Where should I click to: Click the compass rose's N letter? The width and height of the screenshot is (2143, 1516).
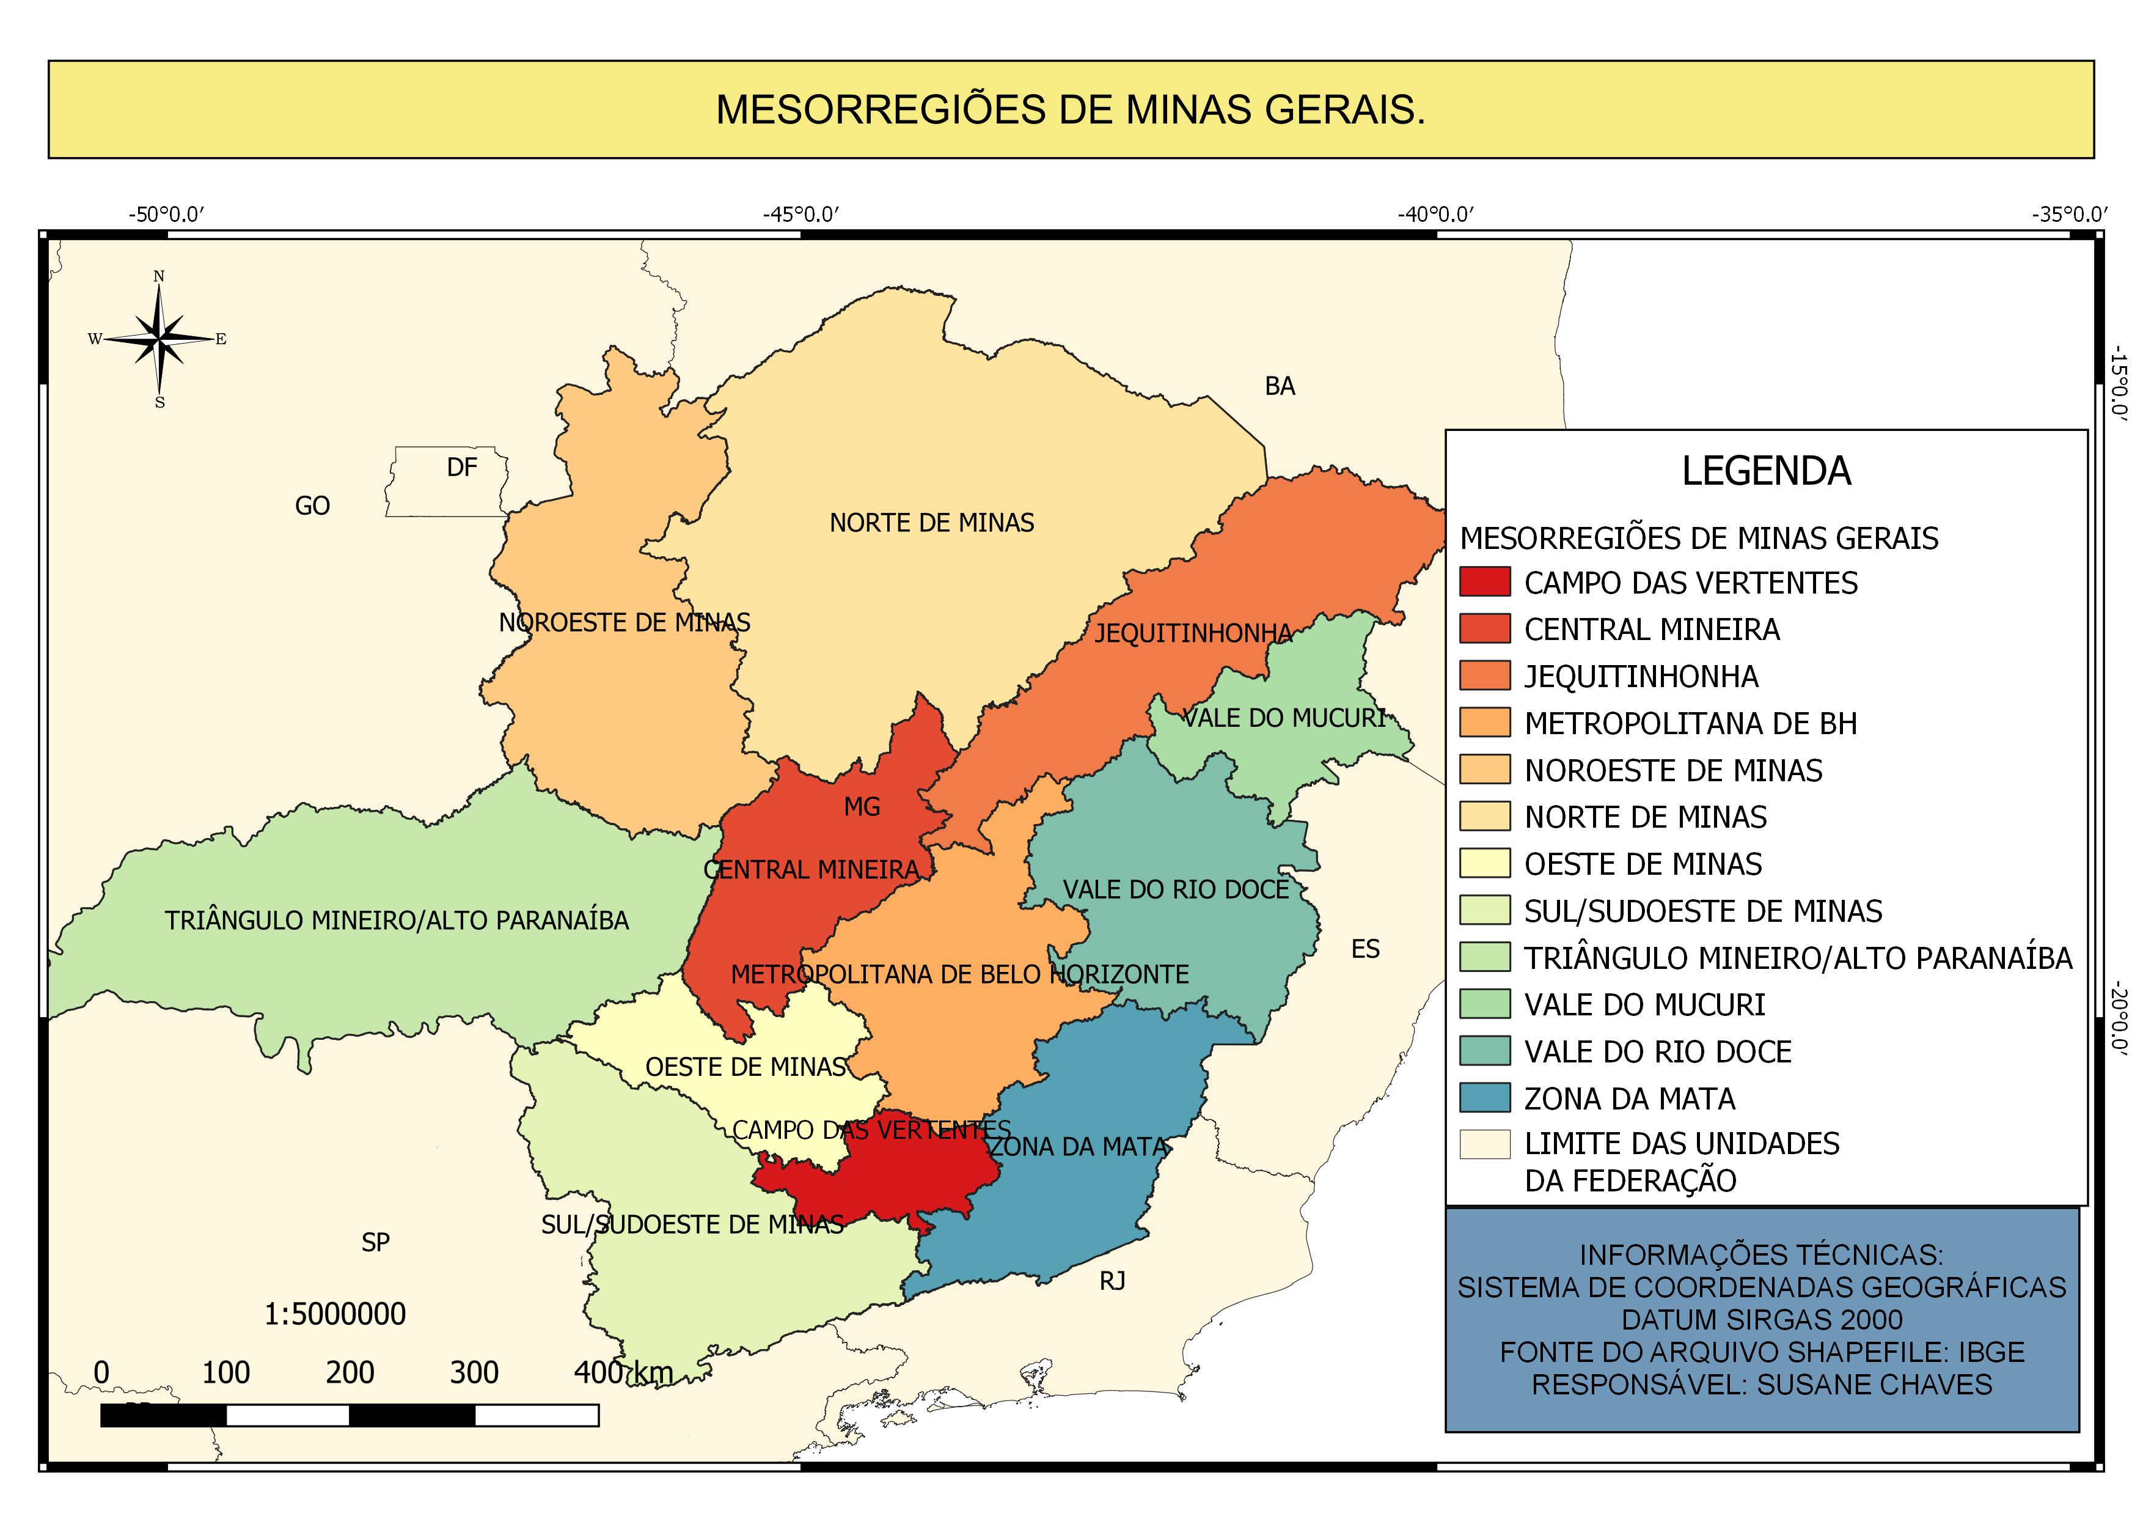click(159, 276)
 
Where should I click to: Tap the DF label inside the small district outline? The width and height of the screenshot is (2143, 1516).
click(462, 468)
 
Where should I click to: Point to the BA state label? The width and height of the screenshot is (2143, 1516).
click(1280, 386)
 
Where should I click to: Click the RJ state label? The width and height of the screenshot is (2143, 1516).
click(1112, 1282)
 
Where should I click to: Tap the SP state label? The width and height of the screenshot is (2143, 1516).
click(375, 1243)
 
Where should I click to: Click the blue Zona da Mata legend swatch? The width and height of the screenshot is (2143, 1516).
click(1484, 1098)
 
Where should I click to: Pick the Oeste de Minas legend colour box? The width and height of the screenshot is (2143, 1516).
click(1484, 864)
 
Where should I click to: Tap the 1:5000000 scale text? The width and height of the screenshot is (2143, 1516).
click(335, 1314)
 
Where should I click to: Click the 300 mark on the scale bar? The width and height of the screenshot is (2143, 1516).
click(474, 1373)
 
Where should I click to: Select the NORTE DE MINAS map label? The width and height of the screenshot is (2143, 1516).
click(931, 523)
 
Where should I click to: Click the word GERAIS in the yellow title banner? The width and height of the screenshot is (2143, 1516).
click(1344, 110)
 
